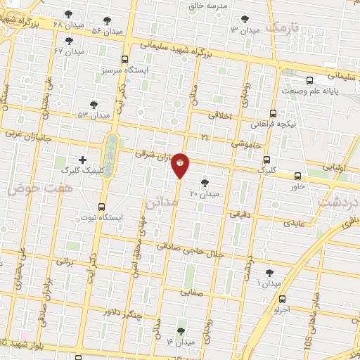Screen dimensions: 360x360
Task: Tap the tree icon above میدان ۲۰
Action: click(205, 182)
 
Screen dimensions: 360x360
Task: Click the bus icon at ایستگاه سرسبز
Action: click(124, 60)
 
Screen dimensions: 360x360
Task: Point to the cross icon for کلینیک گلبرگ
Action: click(82, 160)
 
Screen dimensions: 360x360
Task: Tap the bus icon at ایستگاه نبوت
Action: click(102, 207)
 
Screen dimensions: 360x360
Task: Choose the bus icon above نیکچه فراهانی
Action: click(273, 112)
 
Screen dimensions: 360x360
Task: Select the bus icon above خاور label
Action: click(298, 176)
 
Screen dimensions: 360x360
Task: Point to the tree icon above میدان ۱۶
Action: click(181, 330)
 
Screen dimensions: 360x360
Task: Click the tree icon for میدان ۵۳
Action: click(94, 104)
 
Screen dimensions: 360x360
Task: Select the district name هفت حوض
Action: click(31, 189)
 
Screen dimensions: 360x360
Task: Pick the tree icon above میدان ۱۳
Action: click(244, 19)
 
